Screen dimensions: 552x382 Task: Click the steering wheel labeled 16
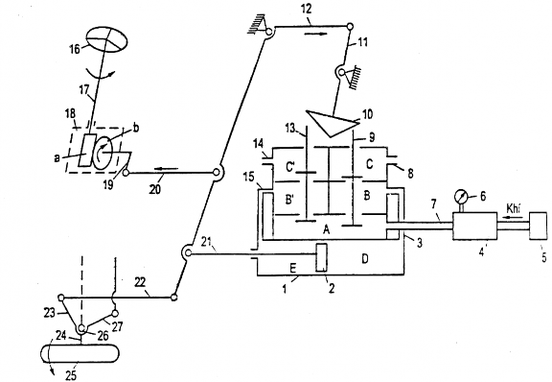106,40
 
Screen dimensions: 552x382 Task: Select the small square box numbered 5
539,226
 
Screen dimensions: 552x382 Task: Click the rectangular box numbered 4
475,226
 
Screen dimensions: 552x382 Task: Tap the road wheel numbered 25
80,352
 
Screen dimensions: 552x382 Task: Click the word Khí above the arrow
514,207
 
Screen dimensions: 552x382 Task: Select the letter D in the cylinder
365,259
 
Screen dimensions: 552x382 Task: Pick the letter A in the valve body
327,230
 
